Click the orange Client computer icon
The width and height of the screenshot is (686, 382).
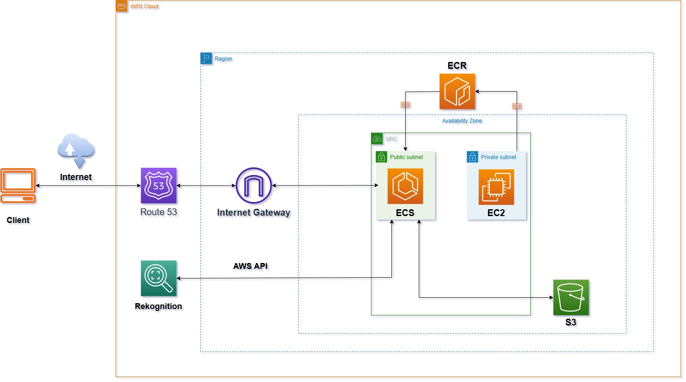18,186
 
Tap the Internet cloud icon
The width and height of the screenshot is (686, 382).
76,150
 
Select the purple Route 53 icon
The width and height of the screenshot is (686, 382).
158,186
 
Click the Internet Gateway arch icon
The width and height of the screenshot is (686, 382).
254,186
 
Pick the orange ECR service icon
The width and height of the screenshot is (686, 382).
457,92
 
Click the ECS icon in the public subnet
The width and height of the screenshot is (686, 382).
405,186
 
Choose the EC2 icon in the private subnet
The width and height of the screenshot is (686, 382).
496,187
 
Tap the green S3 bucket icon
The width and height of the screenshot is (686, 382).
571,298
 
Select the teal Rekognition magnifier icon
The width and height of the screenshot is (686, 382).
158,279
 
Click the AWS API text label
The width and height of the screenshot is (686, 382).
250,266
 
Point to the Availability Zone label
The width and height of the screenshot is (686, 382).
462,121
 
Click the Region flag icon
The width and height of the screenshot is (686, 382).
206,58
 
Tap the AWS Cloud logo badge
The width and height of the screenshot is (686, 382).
122,6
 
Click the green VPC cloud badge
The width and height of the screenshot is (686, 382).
377,139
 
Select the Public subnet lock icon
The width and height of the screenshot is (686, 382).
381,157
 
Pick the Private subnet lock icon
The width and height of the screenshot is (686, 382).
473,157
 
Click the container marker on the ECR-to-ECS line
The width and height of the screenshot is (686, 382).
405,105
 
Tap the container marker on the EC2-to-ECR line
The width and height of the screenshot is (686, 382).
517,106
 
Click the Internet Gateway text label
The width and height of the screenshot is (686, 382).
254,212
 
